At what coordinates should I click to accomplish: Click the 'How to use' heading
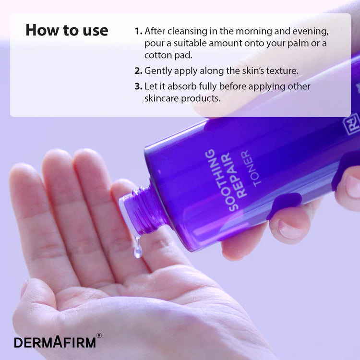pyautogui.click(x=67, y=30)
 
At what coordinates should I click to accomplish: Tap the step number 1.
pyautogui.click(x=138, y=31)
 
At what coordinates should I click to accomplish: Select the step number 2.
pyautogui.click(x=138, y=71)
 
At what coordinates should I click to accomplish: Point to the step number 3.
pyautogui.click(x=138, y=86)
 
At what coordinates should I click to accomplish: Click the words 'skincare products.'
pyautogui.click(x=182, y=98)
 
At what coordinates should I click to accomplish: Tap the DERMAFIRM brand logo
pyautogui.click(x=55, y=342)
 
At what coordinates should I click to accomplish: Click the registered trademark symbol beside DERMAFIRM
pyautogui.click(x=99, y=336)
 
